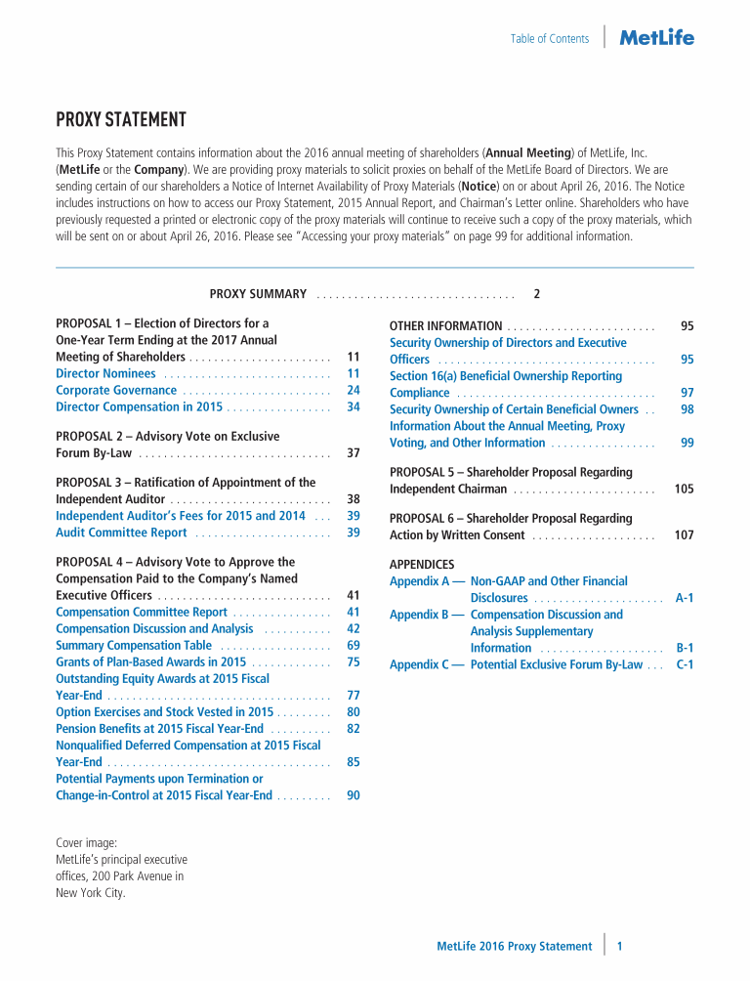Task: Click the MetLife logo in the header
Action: (x=657, y=38)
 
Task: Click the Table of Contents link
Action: (x=549, y=39)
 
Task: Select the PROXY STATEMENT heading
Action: (x=121, y=120)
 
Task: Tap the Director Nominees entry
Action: (x=105, y=373)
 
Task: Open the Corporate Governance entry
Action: (x=116, y=390)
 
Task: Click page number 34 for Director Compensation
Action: (x=354, y=406)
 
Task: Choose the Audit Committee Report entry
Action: (x=121, y=533)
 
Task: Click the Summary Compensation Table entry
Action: (x=134, y=645)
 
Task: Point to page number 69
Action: (x=354, y=645)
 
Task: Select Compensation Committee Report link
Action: (x=142, y=612)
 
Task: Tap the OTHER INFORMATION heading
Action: (x=445, y=326)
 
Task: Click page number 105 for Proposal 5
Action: (x=684, y=489)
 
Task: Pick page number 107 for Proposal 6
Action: (x=684, y=535)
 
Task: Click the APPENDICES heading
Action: (x=422, y=565)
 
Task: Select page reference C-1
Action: (x=685, y=664)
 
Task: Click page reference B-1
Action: (x=685, y=648)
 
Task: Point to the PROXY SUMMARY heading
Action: (x=258, y=294)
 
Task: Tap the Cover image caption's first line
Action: (x=87, y=842)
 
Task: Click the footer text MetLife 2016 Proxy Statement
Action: (x=514, y=946)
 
